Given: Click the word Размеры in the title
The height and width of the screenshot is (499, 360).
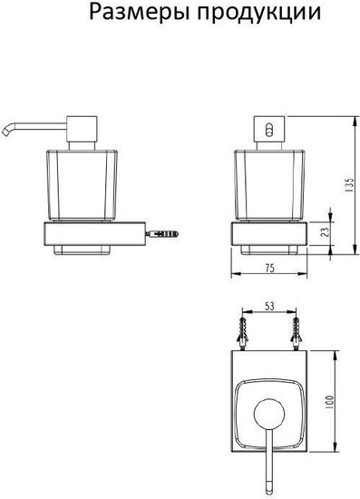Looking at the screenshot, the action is click(140, 14).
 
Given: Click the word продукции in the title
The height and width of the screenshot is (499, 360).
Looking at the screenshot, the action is click(258, 14).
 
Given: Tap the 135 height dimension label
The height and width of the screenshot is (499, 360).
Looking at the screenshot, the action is click(349, 185).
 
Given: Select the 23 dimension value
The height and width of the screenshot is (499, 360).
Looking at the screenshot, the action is click(325, 231).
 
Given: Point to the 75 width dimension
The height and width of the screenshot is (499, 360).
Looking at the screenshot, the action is click(269, 269).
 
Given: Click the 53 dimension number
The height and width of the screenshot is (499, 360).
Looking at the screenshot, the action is click(269, 306).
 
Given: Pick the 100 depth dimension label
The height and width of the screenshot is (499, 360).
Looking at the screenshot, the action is click(330, 403).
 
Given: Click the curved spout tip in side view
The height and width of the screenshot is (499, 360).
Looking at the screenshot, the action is click(7, 131).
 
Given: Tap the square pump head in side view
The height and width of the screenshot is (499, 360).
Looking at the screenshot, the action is click(82, 129).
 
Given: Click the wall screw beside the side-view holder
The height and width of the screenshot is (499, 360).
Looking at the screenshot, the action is click(161, 234).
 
